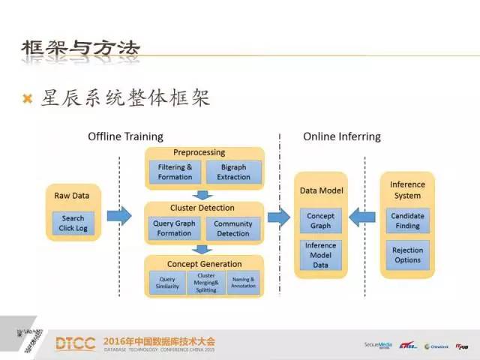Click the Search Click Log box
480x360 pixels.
(x=73, y=223)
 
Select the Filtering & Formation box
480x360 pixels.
(x=175, y=172)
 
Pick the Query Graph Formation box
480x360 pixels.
(x=175, y=228)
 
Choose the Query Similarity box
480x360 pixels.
(x=167, y=282)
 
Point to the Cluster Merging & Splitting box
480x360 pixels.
(x=206, y=282)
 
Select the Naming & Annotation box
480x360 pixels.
(x=243, y=282)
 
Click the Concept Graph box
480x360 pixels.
(x=320, y=220)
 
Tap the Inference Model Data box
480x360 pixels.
(x=320, y=255)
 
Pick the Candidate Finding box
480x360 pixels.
(x=407, y=220)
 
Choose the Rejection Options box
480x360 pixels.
(x=407, y=255)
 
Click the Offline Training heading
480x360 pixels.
(x=125, y=136)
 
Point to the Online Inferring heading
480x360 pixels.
(x=341, y=136)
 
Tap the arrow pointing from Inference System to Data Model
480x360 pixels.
(x=364, y=217)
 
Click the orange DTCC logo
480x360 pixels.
(x=75, y=343)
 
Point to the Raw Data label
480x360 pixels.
(x=71, y=196)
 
